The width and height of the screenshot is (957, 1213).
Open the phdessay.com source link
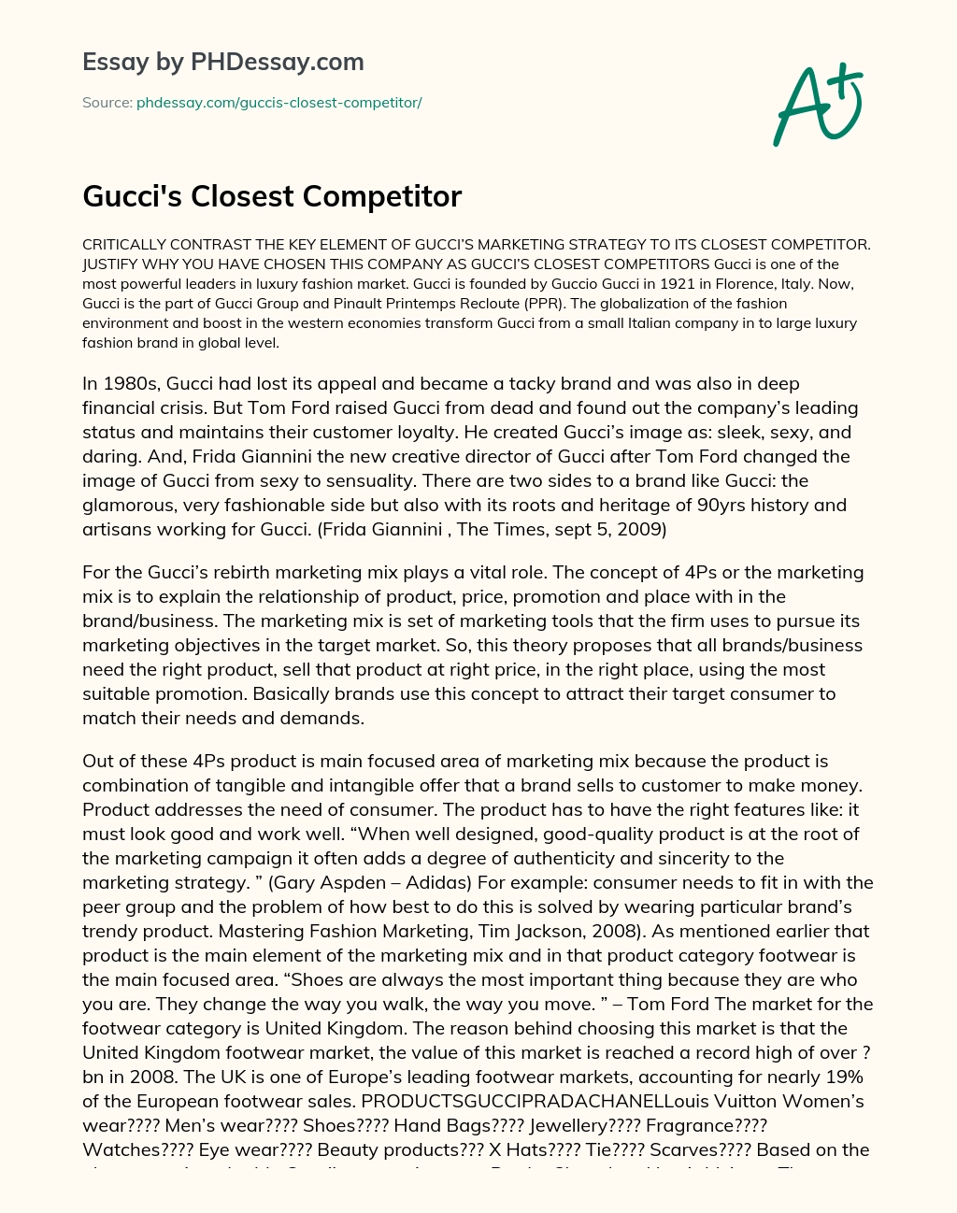pos(279,103)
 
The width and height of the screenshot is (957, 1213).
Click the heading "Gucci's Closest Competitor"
pos(272,196)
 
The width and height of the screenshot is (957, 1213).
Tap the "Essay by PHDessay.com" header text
pos(222,62)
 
